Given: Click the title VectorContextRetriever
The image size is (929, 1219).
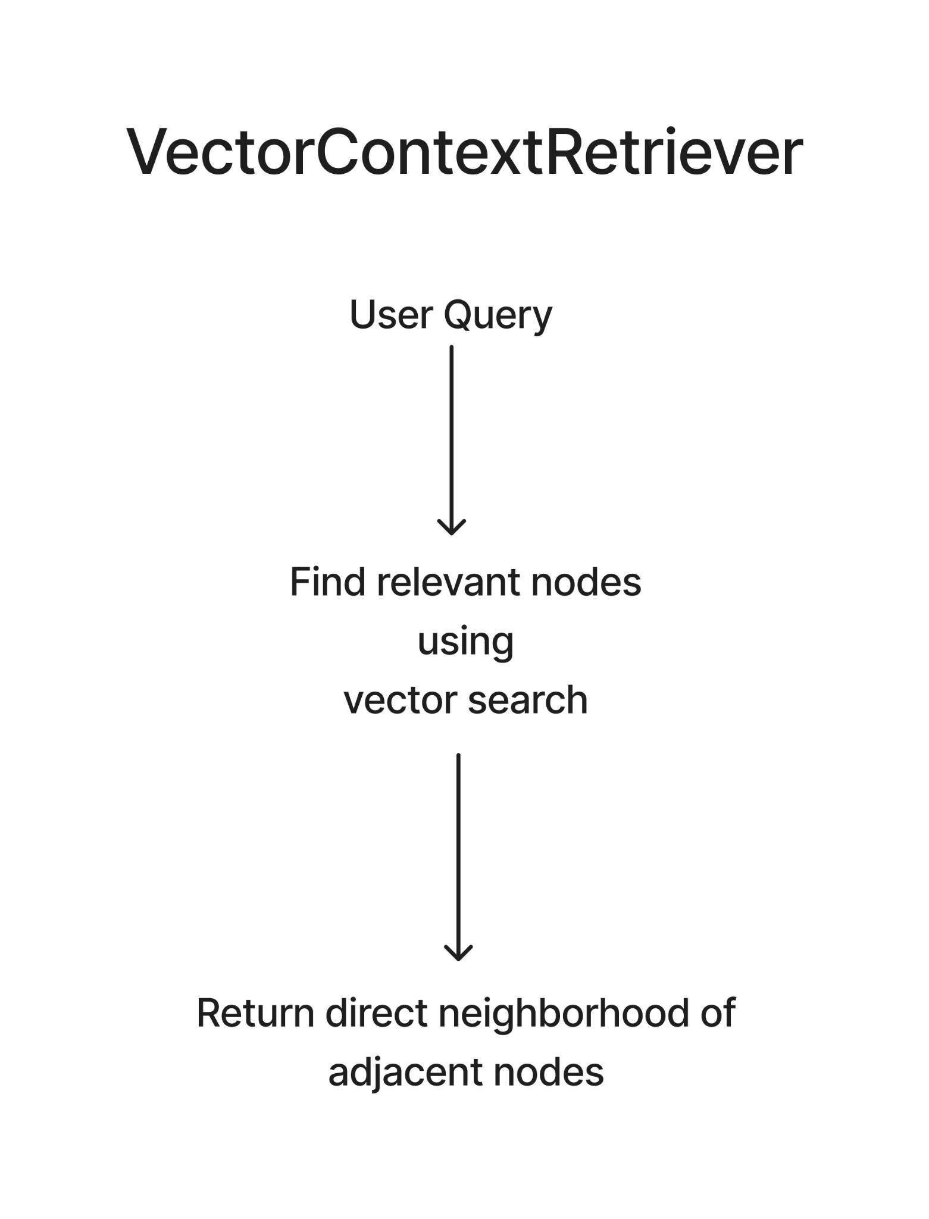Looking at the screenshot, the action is (464, 152).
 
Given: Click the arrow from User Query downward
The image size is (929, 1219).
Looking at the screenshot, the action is (452, 440).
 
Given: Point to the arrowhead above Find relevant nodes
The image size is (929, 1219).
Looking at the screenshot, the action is (452, 527).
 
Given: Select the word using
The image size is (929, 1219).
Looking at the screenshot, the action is (465, 643).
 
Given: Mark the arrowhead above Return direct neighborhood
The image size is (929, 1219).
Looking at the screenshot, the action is (458, 953).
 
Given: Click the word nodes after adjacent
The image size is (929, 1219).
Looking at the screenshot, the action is (549, 1071).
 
